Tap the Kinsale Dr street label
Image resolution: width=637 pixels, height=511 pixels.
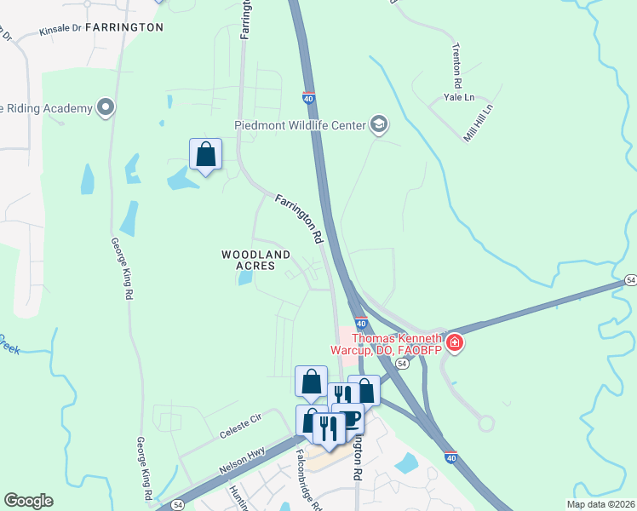(x=60, y=30)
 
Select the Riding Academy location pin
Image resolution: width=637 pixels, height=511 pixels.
(x=106, y=107)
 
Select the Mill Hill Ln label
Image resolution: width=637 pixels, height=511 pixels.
(x=479, y=123)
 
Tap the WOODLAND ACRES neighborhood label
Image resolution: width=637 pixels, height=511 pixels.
(x=256, y=260)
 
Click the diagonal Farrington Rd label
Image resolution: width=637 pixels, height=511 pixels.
(x=299, y=220)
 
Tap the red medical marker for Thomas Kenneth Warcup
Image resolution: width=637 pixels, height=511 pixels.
(x=455, y=342)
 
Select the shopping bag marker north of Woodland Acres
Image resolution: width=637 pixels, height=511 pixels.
(x=205, y=154)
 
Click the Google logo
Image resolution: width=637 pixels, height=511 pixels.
(x=28, y=501)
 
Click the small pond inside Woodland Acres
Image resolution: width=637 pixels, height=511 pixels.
(x=245, y=278)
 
